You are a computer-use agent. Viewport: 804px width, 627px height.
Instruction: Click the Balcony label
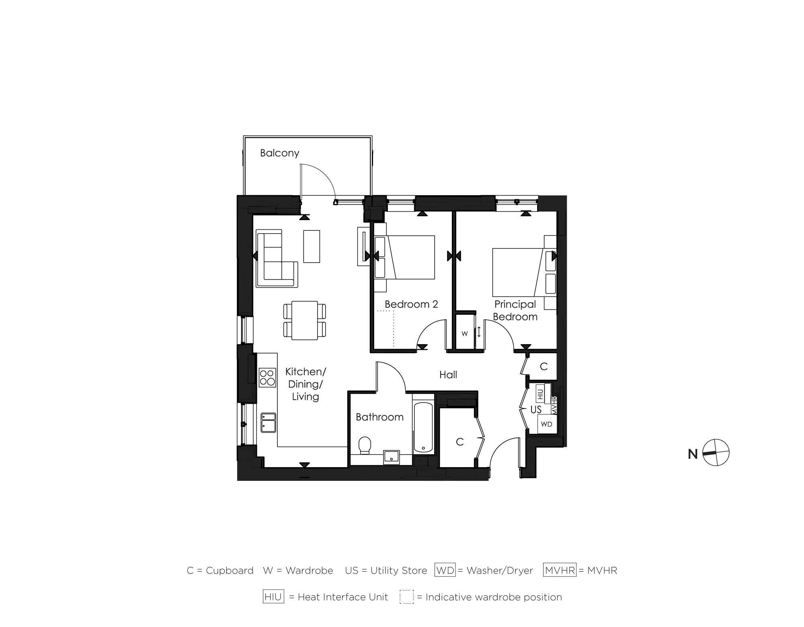pos(279,153)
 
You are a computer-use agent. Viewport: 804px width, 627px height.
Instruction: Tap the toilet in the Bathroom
pos(365,445)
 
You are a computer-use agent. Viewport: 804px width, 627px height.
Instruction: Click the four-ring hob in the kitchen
pos(267,377)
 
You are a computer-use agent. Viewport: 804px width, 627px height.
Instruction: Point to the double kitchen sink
pos(268,422)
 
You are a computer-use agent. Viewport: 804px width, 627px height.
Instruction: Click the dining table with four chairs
pos(304,320)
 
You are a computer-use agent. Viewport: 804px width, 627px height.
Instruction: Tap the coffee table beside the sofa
pos(312,246)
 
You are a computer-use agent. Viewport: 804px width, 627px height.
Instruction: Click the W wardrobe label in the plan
pos(465,333)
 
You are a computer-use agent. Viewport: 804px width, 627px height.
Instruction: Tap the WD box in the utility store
pos(546,424)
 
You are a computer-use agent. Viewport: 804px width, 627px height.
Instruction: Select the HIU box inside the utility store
pos(540,394)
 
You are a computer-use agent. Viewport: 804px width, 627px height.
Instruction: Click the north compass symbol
pos(716,453)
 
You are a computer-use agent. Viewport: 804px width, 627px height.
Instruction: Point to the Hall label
pos(448,375)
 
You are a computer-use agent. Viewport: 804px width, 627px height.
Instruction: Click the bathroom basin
pos(391,457)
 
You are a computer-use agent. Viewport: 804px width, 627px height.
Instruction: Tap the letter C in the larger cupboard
pos(460,442)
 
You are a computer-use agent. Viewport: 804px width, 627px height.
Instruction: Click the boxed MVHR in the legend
pos(560,570)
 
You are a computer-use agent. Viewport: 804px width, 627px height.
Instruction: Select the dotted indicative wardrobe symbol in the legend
pos(406,597)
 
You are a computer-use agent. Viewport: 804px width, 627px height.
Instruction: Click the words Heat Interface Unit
pos(343,597)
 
